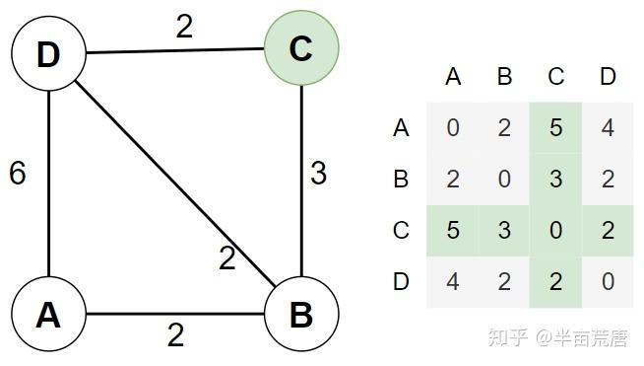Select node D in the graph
coord(48,53)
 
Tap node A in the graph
coord(48,314)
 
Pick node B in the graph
coord(301,314)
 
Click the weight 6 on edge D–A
coord(17,174)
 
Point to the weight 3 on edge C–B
coord(318,174)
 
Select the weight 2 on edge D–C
coord(184,27)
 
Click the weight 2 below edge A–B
coord(175,336)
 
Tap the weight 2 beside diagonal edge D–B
coord(227,259)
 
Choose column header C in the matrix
coord(556,77)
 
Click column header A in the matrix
coord(453,77)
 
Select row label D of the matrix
coord(401,282)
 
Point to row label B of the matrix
coord(401,179)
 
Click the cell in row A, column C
coord(556,127)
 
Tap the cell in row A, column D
coord(608,127)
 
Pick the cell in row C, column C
coord(556,231)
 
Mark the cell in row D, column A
coord(453,282)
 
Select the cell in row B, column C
coord(556,179)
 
